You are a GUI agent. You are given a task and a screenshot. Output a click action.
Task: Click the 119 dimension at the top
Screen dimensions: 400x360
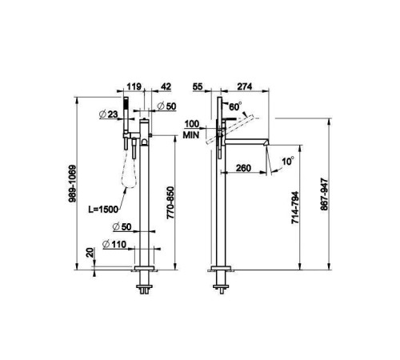click(x=134, y=86)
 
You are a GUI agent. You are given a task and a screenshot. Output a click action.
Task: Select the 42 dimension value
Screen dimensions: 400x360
click(x=166, y=86)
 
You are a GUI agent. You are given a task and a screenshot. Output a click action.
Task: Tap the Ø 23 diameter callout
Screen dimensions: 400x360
click(x=108, y=114)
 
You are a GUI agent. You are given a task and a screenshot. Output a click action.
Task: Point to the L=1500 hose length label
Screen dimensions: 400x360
click(x=103, y=210)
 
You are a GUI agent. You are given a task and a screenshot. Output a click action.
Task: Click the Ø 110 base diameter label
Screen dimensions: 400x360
click(x=114, y=244)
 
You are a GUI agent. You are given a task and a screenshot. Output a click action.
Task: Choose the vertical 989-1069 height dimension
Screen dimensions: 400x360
click(x=72, y=183)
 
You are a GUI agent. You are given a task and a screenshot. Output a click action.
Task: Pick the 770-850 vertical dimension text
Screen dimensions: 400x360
click(x=170, y=202)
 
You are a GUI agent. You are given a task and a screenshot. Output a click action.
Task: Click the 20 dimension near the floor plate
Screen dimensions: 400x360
click(x=90, y=252)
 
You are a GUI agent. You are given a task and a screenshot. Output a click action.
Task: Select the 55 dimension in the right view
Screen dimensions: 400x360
click(x=198, y=86)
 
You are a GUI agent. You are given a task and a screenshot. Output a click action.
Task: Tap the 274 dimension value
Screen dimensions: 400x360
click(x=245, y=86)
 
